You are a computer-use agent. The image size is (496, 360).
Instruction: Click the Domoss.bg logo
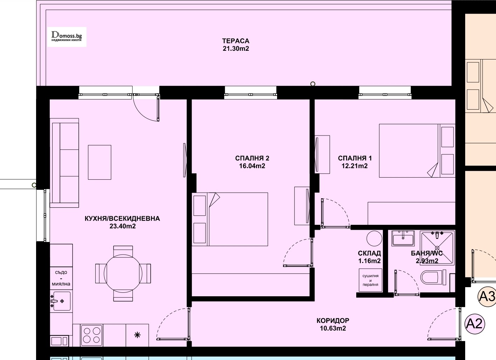(x=67, y=37)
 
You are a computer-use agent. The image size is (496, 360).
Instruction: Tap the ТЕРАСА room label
(x=236, y=41)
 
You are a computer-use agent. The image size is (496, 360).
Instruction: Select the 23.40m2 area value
(x=123, y=226)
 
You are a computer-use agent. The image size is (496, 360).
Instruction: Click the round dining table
(x=123, y=274)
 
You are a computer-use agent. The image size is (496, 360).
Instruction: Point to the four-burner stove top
(x=92, y=335)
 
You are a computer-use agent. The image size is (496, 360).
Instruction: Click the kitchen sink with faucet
(x=61, y=301)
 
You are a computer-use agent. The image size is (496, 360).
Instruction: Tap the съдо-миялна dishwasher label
(x=61, y=278)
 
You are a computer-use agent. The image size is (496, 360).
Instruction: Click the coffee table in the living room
(x=99, y=162)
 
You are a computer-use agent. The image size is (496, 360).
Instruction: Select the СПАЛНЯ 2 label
(x=252, y=158)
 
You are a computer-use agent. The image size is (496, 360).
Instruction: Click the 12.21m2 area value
(x=354, y=166)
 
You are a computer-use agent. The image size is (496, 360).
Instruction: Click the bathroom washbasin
(x=403, y=238)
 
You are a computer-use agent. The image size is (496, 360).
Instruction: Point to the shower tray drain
(x=437, y=248)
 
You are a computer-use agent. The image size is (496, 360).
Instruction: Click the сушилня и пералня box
(x=371, y=280)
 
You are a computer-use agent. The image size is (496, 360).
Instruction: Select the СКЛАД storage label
(x=369, y=253)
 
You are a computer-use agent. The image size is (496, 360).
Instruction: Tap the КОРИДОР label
(x=333, y=320)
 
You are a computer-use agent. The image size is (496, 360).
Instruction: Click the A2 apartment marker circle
(x=474, y=324)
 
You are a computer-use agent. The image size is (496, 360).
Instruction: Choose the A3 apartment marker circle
(x=487, y=296)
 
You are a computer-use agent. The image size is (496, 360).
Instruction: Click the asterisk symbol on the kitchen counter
(x=137, y=335)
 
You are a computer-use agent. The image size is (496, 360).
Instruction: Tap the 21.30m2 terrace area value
(x=236, y=48)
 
